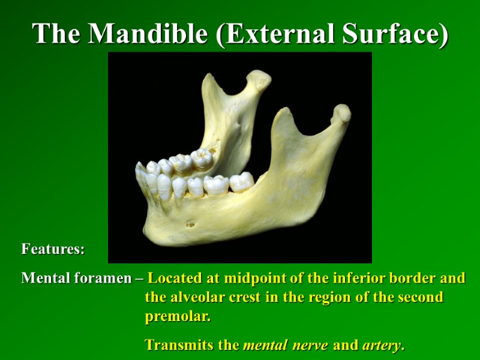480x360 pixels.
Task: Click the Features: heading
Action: tap(53, 248)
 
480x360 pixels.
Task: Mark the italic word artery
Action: tap(382, 345)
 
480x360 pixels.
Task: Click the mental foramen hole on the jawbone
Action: tap(191, 225)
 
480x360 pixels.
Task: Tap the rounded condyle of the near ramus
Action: tap(341, 112)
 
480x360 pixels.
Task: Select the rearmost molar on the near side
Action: tap(241, 181)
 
